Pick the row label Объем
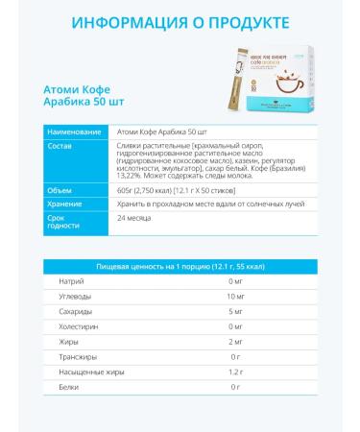point(60,191)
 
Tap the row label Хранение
point(65,204)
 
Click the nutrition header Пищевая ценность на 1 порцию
point(180,265)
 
